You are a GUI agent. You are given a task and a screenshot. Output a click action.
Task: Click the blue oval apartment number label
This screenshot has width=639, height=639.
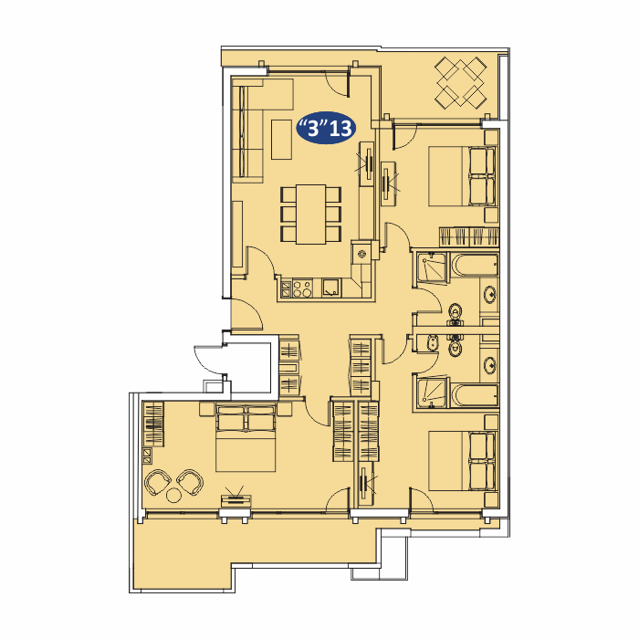point(326,128)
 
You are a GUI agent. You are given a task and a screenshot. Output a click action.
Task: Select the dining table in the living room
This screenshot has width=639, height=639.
point(311,215)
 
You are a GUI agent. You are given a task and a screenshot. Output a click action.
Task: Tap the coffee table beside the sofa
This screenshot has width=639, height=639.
point(281,139)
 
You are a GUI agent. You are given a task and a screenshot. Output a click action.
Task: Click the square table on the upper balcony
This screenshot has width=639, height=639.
point(461,83)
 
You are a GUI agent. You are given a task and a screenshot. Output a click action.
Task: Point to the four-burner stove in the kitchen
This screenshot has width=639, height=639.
point(302,288)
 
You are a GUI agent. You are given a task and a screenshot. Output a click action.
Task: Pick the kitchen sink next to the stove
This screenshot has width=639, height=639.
point(331,288)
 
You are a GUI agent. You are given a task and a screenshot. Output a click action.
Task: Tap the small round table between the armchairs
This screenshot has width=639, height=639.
point(174,496)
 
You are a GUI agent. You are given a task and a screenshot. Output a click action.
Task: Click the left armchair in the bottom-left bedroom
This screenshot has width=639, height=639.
point(157,482)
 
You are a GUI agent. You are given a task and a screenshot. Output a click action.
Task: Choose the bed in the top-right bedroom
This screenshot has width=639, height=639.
point(463,176)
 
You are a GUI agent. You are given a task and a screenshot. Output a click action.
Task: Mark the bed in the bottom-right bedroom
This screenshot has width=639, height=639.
point(463,461)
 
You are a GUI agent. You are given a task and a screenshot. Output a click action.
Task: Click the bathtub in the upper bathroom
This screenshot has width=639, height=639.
point(474,265)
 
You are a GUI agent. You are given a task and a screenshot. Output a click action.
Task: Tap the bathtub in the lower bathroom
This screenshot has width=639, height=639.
point(474,395)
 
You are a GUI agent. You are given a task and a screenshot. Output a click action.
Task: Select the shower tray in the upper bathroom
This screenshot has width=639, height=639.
point(431,267)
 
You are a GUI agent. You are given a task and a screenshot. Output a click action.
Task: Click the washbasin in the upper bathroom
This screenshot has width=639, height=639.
point(489,294)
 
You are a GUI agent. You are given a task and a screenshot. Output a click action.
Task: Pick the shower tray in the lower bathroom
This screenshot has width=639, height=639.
point(431,393)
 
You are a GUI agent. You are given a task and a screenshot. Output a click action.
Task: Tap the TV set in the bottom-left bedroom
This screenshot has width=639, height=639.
point(236,500)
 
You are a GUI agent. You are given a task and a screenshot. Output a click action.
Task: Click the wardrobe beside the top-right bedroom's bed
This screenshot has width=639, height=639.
point(468,236)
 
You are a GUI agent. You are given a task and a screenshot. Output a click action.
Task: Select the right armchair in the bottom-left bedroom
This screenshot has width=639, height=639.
point(190,482)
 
